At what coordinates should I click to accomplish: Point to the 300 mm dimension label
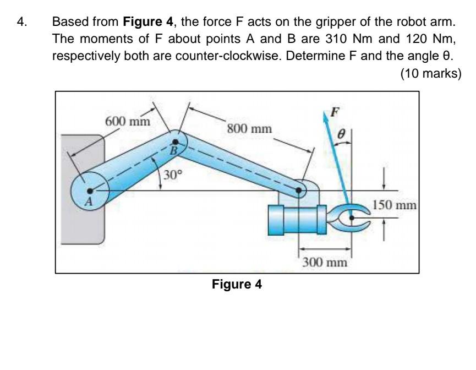(325, 262)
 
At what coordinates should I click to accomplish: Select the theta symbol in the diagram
(341, 134)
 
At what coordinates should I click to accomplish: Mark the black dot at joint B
(176, 142)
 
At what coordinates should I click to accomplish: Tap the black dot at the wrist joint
(300, 191)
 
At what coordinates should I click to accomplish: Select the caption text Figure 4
(238, 285)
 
